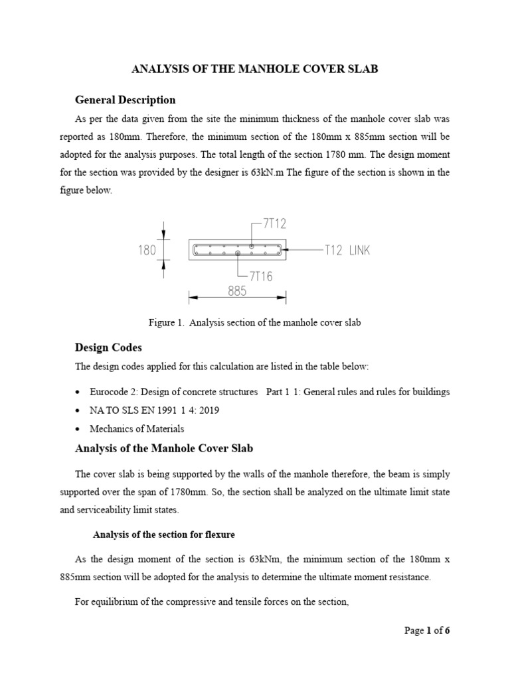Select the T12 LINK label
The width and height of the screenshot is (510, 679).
click(347, 251)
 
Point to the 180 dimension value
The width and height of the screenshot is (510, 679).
click(146, 251)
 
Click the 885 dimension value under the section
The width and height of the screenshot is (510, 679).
click(237, 290)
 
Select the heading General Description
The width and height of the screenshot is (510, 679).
click(125, 100)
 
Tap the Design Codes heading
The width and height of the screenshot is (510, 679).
click(108, 347)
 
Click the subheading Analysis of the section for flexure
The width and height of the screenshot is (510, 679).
click(163, 534)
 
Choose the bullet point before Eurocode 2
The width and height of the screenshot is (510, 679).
click(79, 393)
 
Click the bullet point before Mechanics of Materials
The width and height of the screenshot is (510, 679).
click(79, 430)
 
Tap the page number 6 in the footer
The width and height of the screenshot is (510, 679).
click(448, 631)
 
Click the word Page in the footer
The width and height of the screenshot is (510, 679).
click(414, 631)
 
